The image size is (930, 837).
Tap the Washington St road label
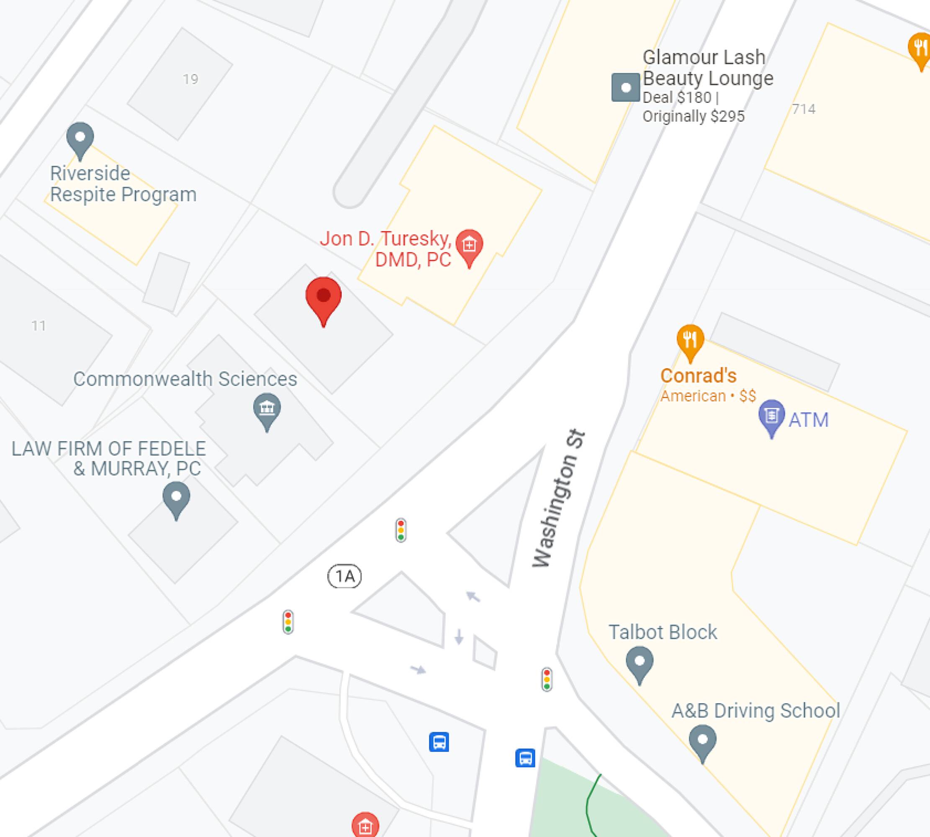click(558, 498)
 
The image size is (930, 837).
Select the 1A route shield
click(344, 576)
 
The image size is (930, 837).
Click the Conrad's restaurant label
click(698, 376)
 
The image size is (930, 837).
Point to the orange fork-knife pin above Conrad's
click(690, 341)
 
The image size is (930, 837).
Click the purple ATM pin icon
click(771, 417)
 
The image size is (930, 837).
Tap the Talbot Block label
click(662, 632)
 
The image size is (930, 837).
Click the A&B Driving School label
click(755, 711)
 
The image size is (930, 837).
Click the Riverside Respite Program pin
click(80, 139)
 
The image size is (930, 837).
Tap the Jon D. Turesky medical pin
click(469, 246)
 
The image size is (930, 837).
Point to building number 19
click(190, 80)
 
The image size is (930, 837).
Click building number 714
click(804, 109)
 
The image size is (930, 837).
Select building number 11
click(39, 326)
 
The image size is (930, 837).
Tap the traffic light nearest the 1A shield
click(401, 530)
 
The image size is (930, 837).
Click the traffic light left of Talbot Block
click(547, 679)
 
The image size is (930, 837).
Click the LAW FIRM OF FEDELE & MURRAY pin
click(176, 498)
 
